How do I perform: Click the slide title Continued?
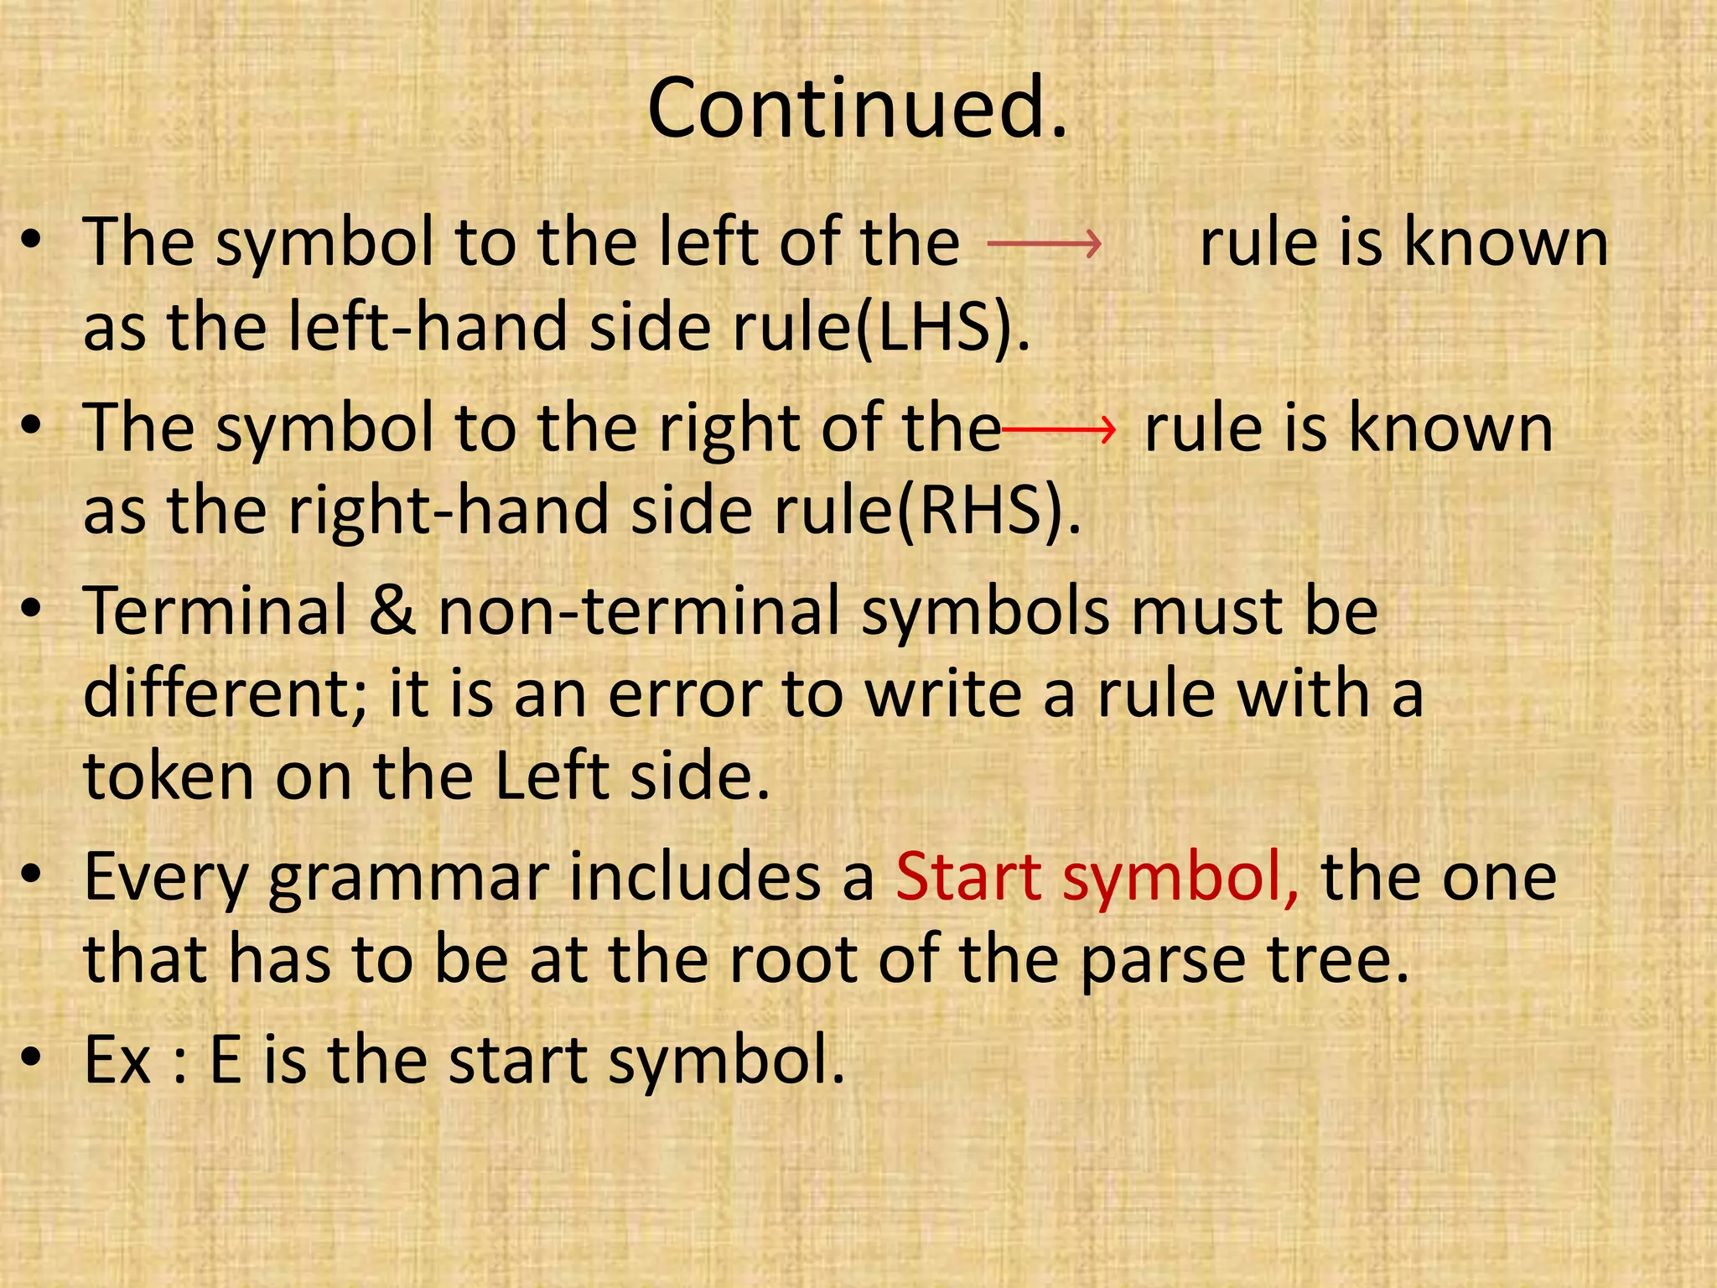858,109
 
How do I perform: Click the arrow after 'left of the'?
1044,244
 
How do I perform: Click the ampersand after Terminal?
392,610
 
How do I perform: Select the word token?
169,776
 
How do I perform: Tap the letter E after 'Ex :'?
226,1060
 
